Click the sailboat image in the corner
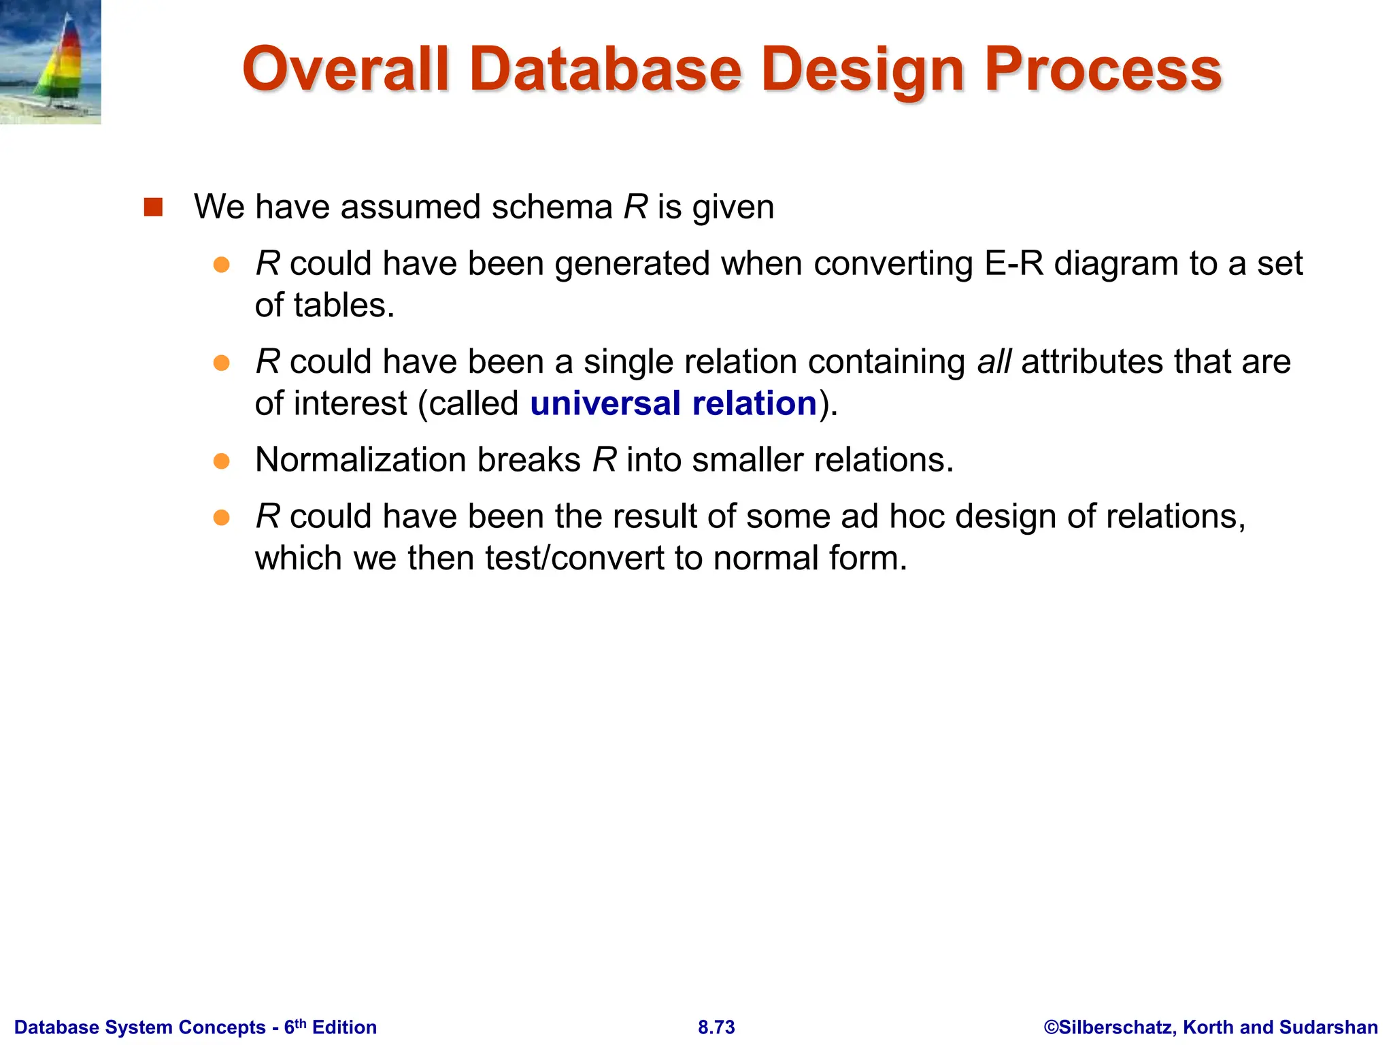pyautogui.click(x=51, y=61)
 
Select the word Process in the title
pyautogui.click(x=1103, y=69)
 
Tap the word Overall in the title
pyautogui.click(x=346, y=69)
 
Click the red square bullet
pyautogui.click(x=154, y=207)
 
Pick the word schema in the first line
pyautogui.click(x=552, y=207)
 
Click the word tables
pyautogui.click(x=344, y=305)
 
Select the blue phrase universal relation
pyautogui.click(x=673, y=403)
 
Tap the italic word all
pyautogui.click(x=994, y=361)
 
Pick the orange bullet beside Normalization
pyautogui.click(x=222, y=461)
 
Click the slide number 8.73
pyautogui.click(x=716, y=1027)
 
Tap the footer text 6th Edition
pyautogui.click(x=330, y=1027)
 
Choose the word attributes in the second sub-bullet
pyautogui.click(x=1084, y=361)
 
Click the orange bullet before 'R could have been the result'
pyautogui.click(x=222, y=518)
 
